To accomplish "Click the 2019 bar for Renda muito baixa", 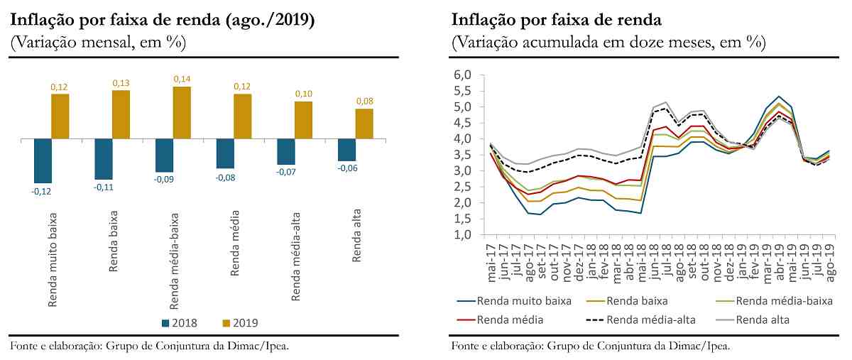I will point(60,116).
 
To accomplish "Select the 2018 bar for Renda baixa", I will point(104,160).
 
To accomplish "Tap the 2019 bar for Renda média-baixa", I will point(182,113).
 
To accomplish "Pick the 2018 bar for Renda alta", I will point(346,151).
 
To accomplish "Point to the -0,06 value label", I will point(346,168).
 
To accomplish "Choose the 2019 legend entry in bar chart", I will point(239,322).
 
